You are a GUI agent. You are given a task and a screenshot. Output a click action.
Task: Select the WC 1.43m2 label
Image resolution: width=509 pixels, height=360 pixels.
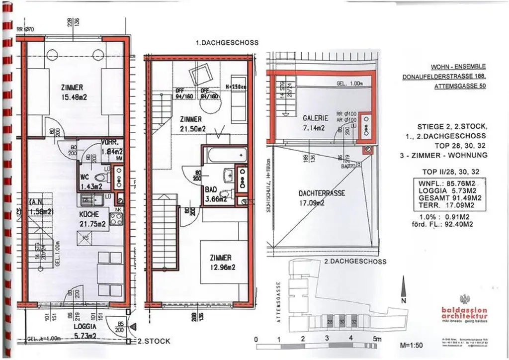tap(91, 181)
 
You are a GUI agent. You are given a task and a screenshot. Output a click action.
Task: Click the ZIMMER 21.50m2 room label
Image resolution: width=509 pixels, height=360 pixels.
tap(191, 124)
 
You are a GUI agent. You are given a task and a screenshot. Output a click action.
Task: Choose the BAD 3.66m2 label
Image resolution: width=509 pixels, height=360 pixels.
tap(216, 194)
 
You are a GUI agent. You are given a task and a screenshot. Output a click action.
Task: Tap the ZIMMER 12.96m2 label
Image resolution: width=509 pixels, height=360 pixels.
tap(220, 262)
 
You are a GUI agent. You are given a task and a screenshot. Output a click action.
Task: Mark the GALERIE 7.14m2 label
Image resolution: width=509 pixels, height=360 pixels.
tap(315, 123)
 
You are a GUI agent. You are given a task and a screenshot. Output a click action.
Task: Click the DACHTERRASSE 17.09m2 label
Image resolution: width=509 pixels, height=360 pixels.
tap(322, 198)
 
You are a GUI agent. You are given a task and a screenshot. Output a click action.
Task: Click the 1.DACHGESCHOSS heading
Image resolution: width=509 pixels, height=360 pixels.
tap(227, 43)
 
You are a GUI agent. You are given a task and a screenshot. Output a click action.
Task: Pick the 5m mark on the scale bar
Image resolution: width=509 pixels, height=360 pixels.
tap(376, 339)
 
